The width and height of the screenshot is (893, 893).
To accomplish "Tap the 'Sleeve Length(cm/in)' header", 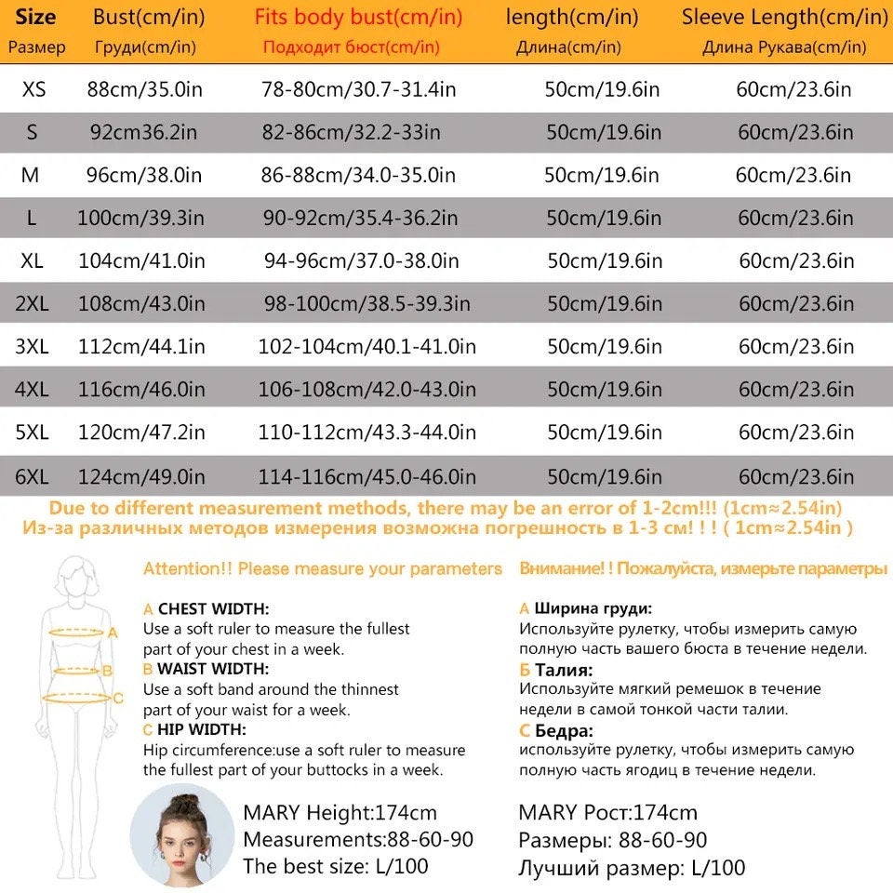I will (784, 17).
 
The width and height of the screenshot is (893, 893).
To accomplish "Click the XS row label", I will (33, 89).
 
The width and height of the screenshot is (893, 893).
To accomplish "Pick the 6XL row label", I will (32, 477).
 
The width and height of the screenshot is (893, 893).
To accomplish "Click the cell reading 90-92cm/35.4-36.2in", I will (361, 219).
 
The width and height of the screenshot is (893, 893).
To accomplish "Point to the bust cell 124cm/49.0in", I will (141, 477).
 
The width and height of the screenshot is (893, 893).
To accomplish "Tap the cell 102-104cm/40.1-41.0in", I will (367, 347).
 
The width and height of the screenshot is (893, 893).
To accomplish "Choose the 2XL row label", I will (32, 304).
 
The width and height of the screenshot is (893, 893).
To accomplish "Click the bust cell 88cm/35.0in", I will (144, 89).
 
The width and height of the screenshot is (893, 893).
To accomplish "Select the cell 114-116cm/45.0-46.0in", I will (367, 477).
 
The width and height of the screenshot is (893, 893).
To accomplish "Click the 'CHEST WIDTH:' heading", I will (213, 609).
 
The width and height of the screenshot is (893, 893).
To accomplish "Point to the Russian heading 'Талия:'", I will (564, 670).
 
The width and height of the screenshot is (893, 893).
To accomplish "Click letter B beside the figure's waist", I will (107, 670).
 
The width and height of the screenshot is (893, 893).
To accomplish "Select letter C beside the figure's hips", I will (118, 698).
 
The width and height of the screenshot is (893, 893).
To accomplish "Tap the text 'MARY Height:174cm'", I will (340, 813).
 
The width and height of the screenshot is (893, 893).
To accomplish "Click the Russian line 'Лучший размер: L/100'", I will (632, 869).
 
